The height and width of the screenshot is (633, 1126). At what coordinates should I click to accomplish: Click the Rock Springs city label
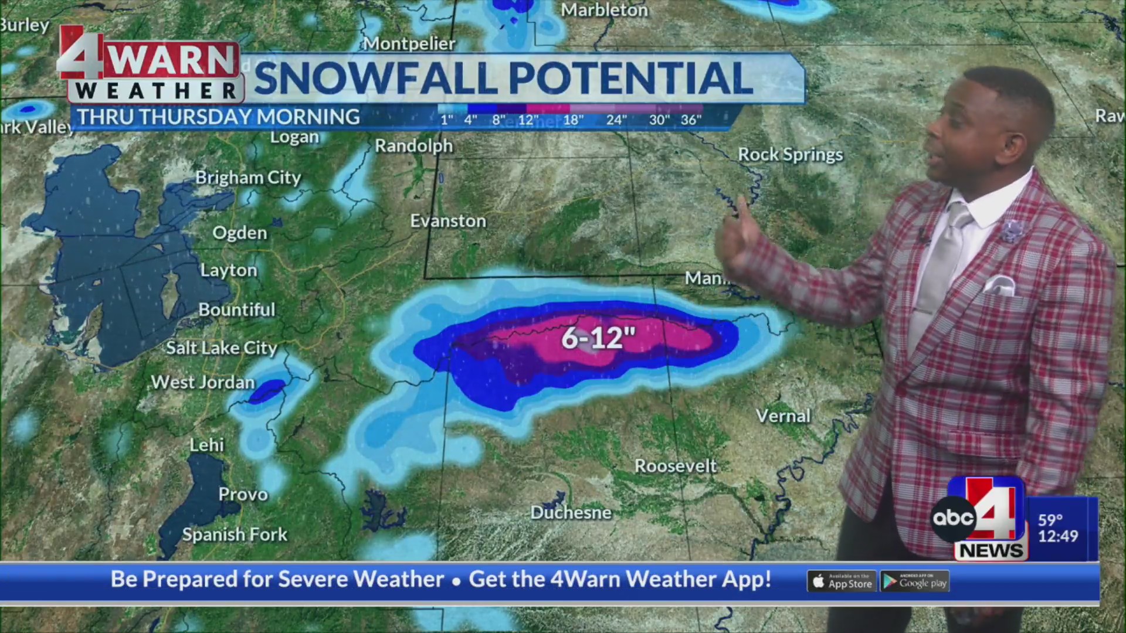coord(789,155)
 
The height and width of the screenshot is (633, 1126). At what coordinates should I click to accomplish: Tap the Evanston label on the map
coord(448,221)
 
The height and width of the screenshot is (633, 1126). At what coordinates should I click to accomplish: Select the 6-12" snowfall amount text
coord(598,338)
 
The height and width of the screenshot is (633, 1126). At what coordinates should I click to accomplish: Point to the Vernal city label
coord(783,416)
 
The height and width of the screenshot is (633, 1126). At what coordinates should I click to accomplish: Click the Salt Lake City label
coord(221,348)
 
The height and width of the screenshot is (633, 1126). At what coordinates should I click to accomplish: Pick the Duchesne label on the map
coord(571,513)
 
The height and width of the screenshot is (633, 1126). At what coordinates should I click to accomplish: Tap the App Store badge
coord(842,581)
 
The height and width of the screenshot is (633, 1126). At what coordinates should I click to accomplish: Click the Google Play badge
coord(915,581)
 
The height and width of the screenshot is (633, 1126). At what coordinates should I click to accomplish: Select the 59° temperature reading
coord(1050,520)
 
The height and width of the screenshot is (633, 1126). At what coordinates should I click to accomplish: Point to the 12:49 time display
coord(1058,536)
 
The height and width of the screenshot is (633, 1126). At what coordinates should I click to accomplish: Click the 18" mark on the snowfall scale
coord(573,120)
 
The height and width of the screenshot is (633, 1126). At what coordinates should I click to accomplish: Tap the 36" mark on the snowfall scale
coord(691,120)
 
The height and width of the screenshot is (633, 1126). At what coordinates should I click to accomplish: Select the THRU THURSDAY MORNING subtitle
coord(219,117)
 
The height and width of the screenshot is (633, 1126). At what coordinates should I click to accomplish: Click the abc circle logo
coord(953,518)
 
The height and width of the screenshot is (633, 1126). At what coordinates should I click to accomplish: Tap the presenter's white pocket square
coord(999,285)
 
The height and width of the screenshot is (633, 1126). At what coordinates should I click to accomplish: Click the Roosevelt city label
coord(675,467)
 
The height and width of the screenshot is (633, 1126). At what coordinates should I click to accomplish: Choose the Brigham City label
coord(247,178)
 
